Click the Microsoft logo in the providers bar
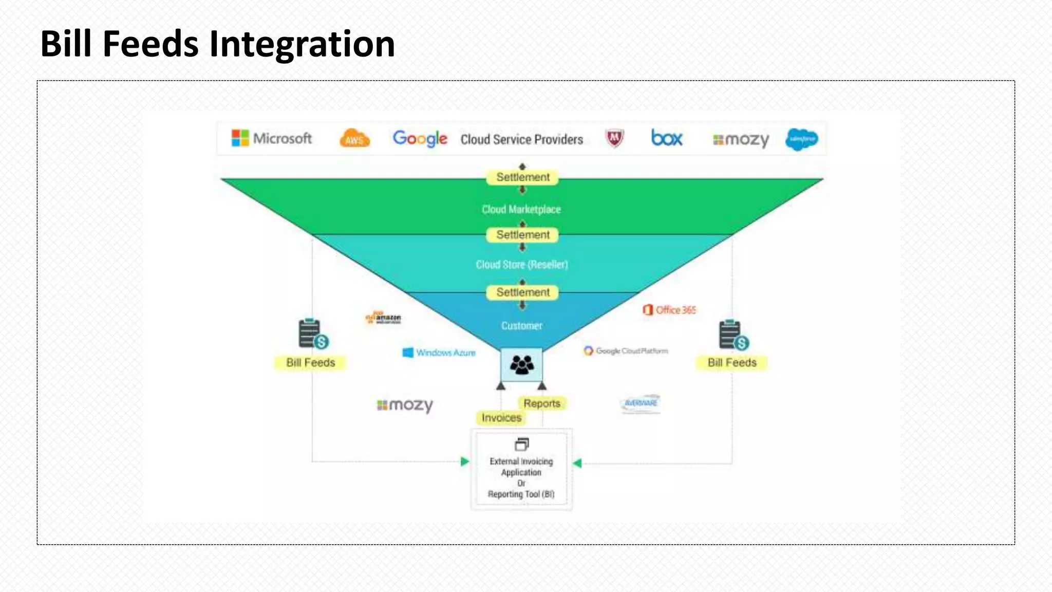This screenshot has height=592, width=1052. [x=271, y=138]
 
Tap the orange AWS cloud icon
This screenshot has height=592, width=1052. [x=354, y=138]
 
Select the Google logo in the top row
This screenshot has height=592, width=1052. [x=420, y=138]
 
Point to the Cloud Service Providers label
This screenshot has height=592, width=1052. [x=521, y=140]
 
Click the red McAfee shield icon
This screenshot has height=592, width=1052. [x=614, y=138]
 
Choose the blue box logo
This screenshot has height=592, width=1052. [x=667, y=138]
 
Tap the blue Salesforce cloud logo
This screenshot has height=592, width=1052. [x=801, y=139]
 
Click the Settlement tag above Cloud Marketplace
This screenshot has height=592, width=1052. [x=522, y=177]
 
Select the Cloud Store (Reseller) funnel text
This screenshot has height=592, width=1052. [x=521, y=265]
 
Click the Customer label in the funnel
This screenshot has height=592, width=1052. [x=521, y=326]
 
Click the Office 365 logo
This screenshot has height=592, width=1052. [x=669, y=310]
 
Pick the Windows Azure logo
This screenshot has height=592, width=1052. [x=439, y=353]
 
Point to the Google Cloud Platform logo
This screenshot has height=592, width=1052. [x=626, y=351]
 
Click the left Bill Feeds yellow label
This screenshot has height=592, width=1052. [x=310, y=363]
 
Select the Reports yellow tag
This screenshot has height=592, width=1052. [x=542, y=403]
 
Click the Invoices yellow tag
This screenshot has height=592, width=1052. [x=501, y=418]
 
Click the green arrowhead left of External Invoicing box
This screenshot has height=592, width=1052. [x=464, y=461]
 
